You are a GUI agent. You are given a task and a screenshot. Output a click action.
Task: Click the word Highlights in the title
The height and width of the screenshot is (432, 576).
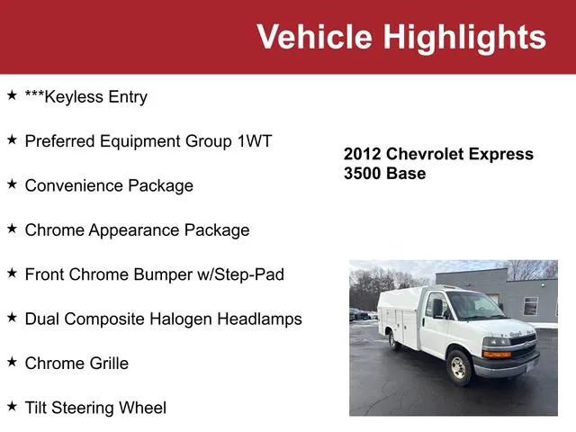click(464, 37)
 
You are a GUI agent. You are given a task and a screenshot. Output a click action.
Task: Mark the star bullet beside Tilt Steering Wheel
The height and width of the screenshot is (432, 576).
click(12, 407)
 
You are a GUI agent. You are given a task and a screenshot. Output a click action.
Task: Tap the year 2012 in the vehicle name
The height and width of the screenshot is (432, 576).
click(363, 154)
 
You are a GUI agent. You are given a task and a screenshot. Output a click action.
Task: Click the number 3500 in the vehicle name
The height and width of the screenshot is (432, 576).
click(363, 173)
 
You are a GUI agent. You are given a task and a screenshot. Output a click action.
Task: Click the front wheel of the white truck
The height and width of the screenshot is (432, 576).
click(457, 367)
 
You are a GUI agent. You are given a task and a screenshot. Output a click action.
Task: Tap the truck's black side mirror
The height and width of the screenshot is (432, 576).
click(438, 308)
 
